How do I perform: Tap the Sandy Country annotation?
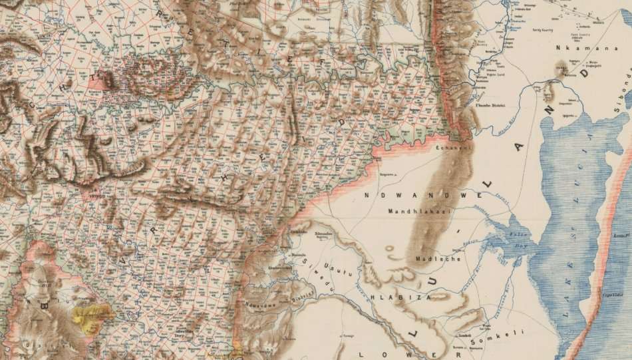pos(545,30)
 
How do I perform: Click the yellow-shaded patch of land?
pos(93,314)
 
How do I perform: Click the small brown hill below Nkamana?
pos(560,68)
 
